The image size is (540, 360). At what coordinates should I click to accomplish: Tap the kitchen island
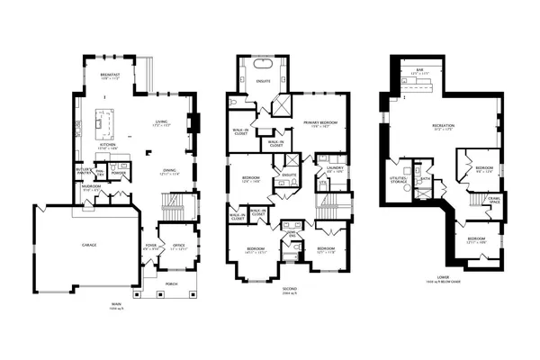click(x=105, y=120)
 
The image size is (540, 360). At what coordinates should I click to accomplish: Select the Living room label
click(x=161, y=122)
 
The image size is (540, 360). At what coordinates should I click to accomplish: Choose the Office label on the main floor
click(x=178, y=245)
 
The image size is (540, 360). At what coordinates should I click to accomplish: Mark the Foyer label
click(x=151, y=245)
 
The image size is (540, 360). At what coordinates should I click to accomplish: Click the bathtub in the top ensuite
click(x=264, y=67)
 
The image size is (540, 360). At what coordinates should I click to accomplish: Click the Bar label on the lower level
click(x=419, y=70)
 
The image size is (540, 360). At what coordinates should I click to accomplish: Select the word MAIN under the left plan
click(x=115, y=302)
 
